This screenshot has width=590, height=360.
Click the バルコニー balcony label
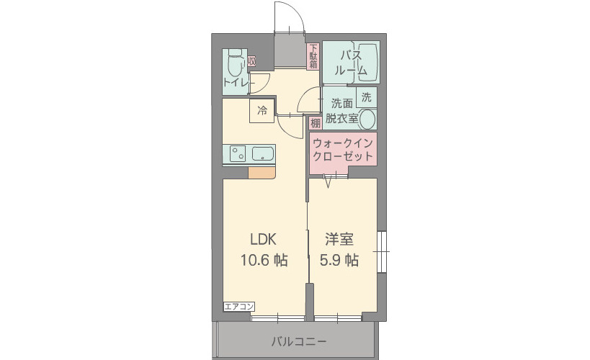pyautogui.click(x=299, y=341)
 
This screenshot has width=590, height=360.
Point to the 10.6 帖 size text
pyautogui.click(x=263, y=261)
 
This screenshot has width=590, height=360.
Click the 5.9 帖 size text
pyautogui.click(x=339, y=261)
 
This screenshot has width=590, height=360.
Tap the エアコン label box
pyautogui.click(x=238, y=307)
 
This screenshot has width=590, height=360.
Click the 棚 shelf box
pyautogui.click(x=316, y=123)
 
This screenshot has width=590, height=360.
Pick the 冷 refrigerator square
pyautogui.click(x=262, y=111)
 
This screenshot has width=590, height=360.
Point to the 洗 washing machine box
pyautogui.click(x=366, y=97)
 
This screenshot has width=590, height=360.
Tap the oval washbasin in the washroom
pyautogui.click(x=367, y=120)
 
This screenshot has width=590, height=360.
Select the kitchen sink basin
pyautogui.click(x=262, y=153)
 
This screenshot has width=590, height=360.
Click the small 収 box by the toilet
pyautogui.click(x=251, y=62)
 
